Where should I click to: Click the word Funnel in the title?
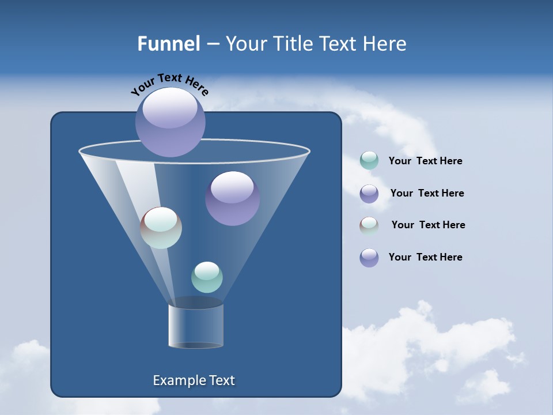[168, 44]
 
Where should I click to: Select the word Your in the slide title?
[245, 44]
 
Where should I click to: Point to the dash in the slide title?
[212, 44]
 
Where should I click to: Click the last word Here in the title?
[385, 44]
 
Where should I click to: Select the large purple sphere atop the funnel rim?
[171, 122]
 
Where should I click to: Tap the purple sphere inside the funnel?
[232, 198]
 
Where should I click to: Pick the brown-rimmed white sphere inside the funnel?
[161, 228]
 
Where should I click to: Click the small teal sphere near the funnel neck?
[207, 277]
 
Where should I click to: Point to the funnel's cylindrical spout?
[196, 326]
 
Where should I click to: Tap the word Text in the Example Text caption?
[222, 380]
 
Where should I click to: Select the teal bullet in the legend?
[369, 160]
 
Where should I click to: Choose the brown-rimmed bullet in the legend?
[369, 225]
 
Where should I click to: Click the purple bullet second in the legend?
[369, 194]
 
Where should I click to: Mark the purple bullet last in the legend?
[369, 258]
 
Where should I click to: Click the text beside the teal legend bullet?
[425, 161]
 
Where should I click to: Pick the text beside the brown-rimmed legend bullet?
[428, 225]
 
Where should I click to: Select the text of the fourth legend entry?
[425, 257]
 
